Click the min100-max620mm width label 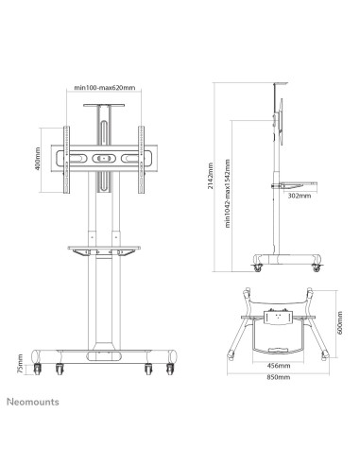click(x=106, y=90)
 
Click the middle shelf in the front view click(x=105, y=250)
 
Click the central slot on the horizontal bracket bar click(x=106, y=158)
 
